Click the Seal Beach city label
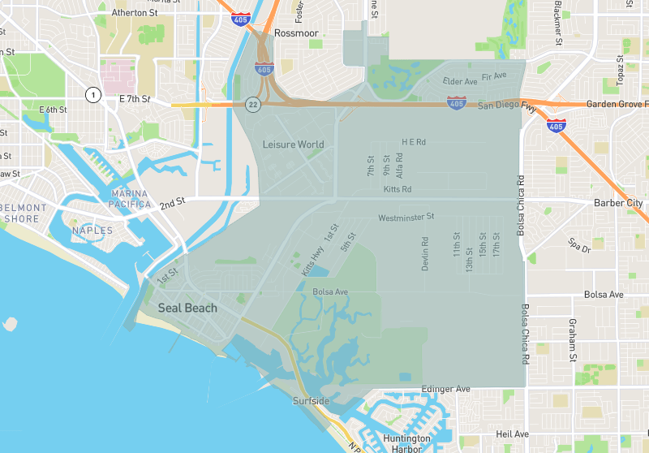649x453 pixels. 187,308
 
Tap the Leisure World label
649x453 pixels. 293,145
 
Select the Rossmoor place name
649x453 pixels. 296,33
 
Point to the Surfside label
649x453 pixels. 312,401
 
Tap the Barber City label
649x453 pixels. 618,202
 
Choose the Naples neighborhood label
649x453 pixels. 92,231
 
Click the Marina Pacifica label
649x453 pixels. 131,198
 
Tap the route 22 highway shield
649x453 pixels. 254,104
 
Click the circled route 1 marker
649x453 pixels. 93,96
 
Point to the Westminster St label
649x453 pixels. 406,218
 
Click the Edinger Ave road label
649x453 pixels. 445,390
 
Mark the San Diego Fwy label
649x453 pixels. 507,106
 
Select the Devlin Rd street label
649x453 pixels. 424,253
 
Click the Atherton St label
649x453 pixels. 135,13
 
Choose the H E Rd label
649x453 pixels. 414,141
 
